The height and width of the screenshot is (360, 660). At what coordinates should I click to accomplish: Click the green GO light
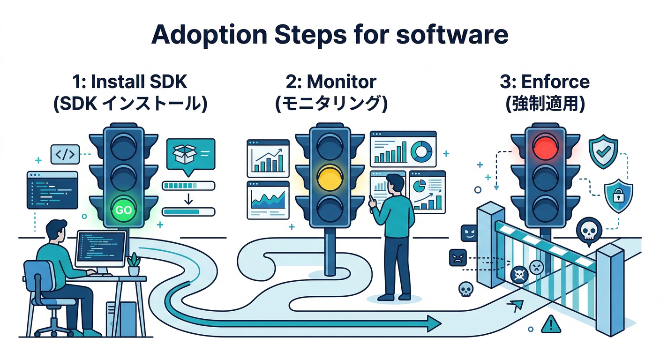click(x=123, y=210)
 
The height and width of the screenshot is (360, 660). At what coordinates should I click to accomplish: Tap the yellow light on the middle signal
click(x=330, y=177)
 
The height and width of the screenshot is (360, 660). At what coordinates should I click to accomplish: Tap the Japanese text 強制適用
click(x=545, y=104)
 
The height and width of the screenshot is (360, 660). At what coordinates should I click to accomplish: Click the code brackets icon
click(x=65, y=154)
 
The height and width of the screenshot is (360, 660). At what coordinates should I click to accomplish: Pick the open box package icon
click(x=184, y=152)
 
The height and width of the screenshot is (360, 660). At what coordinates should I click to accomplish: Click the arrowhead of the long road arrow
click(x=434, y=323)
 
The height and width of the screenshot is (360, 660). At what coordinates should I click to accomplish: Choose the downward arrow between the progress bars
click(x=188, y=199)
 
